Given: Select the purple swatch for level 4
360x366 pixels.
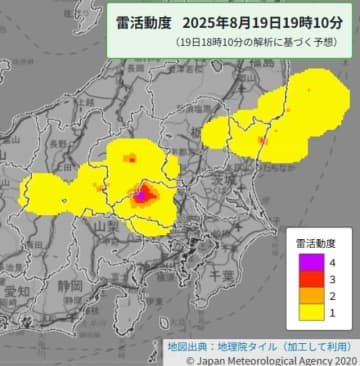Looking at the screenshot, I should (x=304, y=262).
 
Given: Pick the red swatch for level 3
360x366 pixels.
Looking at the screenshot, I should (x=304, y=280).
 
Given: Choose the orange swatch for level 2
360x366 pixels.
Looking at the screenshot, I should (x=304, y=297).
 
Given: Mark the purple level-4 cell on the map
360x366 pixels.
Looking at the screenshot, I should (x=141, y=195).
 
